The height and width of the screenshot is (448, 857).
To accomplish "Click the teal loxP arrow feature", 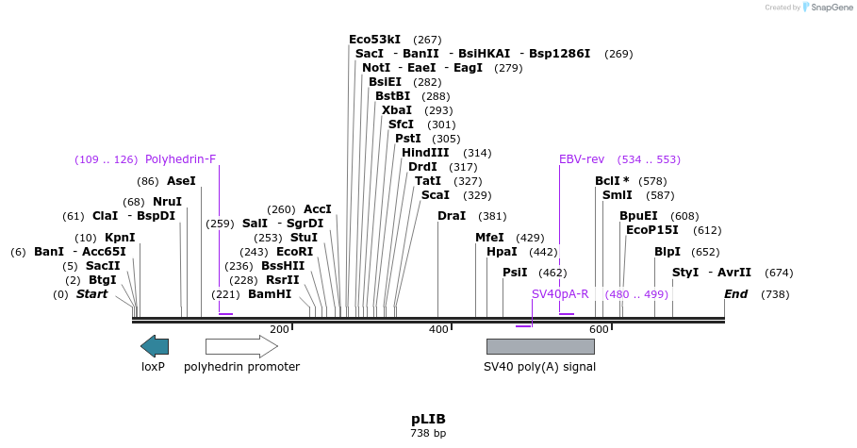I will [x=155, y=346].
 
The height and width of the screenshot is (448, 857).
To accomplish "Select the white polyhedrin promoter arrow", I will [x=241, y=346].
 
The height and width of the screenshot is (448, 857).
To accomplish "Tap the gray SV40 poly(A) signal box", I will [x=540, y=346].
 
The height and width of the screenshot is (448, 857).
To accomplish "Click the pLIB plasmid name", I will [x=428, y=419].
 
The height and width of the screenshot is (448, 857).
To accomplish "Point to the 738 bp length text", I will [x=428, y=434].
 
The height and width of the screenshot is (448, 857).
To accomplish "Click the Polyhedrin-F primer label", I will [x=181, y=159].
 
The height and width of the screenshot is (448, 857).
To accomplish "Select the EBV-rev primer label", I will [x=582, y=159].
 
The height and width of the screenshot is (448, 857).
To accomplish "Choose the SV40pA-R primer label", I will [x=560, y=294].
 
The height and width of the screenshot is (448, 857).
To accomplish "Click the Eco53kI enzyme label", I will [x=371, y=40].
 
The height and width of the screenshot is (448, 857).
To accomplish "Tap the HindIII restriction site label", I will [x=425, y=153].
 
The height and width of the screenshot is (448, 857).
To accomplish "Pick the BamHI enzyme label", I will [x=270, y=294].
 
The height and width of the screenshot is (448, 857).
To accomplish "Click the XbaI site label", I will [x=397, y=110].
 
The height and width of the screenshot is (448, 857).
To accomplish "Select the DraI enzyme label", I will [x=452, y=216].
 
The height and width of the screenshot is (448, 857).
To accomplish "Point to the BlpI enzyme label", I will [x=667, y=252].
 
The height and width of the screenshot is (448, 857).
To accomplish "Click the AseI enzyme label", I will [x=181, y=181].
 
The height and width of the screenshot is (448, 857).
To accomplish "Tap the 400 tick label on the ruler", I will [x=438, y=329].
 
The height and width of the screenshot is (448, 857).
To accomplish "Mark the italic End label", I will [x=736, y=294].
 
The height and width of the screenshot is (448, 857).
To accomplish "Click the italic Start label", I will [x=91, y=294].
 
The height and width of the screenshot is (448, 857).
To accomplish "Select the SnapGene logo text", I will [x=827, y=8].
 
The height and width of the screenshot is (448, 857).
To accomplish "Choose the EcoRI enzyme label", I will [x=295, y=252].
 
